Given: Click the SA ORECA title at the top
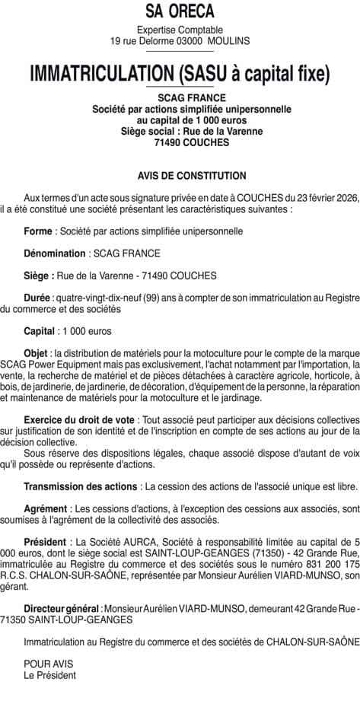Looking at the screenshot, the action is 180,11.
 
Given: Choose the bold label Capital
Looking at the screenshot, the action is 40,331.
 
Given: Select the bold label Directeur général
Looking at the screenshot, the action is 62,609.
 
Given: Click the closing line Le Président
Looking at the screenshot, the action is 50,675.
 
